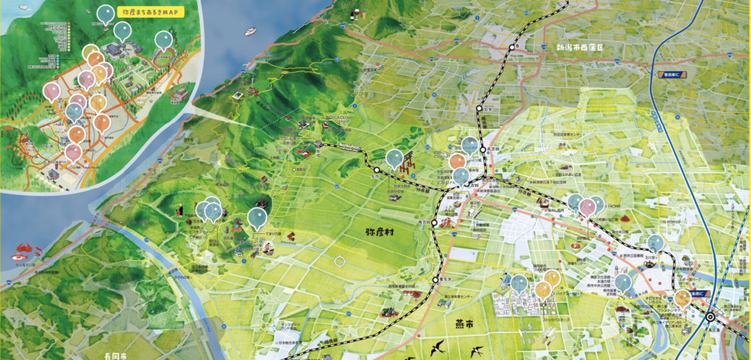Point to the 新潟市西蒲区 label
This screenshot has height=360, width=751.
pyautogui.click(x=579, y=48)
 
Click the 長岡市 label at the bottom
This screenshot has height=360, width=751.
pyautogui.click(x=117, y=356)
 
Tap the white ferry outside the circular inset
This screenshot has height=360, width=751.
pyautogui.click(x=250, y=32)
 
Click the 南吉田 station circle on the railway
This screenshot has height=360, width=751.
pyautogui.click(x=435, y=221)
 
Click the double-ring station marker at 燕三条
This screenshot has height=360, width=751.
pyautogui.click(x=710, y=317)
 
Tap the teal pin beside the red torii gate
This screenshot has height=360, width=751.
pyautogui.click(x=395, y=158)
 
